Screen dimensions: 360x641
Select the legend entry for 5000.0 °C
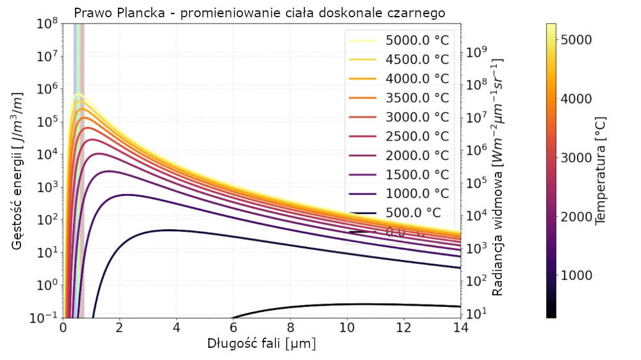point(417,40)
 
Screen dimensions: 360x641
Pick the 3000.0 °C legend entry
point(417,117)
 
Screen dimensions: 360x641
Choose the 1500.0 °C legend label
point(417,174)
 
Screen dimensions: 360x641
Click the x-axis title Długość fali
point(262,343)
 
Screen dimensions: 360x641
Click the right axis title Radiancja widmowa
point(497,176)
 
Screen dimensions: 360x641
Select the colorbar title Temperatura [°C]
point(601,170)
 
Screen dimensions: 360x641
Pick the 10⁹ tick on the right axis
point(480,52)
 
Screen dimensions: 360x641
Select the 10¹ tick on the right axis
point(480,313)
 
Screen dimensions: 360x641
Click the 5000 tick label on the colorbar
point(575,40)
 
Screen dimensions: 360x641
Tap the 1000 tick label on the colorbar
point(575,275)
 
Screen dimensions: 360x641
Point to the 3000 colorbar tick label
point(575,158)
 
